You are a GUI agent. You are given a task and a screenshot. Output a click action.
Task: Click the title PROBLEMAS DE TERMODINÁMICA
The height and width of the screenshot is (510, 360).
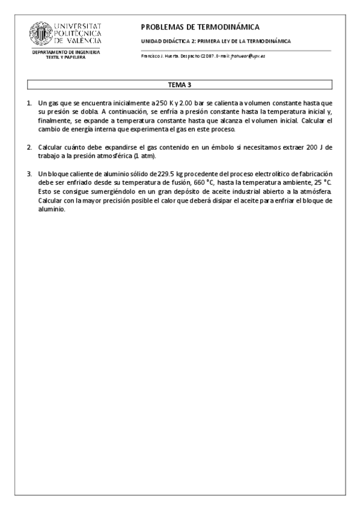200,27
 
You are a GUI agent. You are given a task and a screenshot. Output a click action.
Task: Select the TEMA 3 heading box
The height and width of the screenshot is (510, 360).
180,85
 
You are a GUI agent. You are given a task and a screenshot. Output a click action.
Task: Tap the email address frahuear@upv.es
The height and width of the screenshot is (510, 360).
252,56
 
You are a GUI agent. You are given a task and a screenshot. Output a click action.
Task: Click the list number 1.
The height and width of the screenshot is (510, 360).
29,103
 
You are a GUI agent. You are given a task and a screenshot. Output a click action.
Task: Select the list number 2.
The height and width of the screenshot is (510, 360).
29,147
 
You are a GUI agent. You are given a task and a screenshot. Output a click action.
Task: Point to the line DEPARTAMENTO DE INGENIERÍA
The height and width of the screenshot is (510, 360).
66,53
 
